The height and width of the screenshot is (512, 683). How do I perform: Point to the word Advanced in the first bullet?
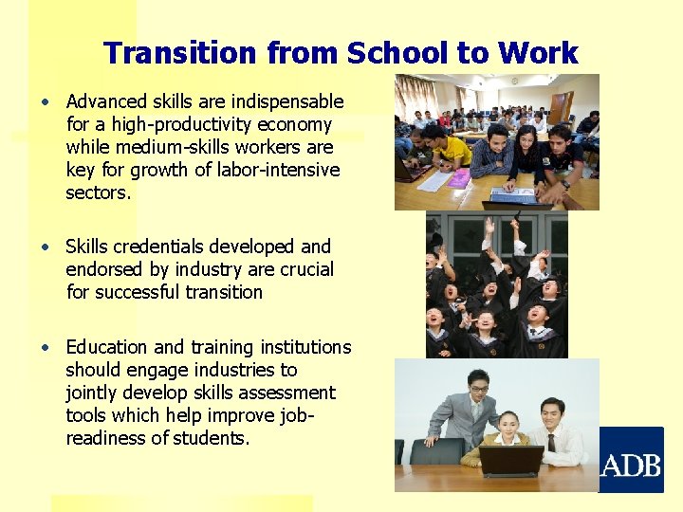coord(106,101)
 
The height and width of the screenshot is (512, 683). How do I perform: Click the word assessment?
coord(290,393)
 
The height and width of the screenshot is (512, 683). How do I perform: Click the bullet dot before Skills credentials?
coord(46,247)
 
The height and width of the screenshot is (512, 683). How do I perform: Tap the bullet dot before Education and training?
coord(46,347)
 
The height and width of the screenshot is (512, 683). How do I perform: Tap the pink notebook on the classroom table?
coord(459,178)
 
